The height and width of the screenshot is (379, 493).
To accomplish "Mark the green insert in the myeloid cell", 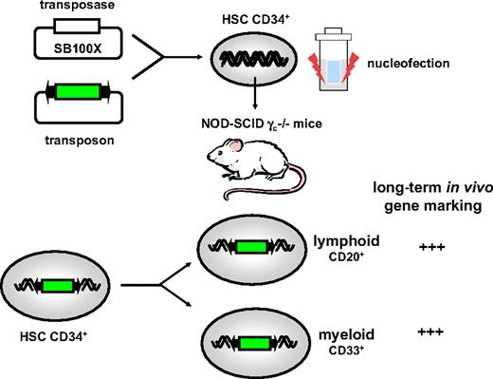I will click(x=258, y=341).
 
